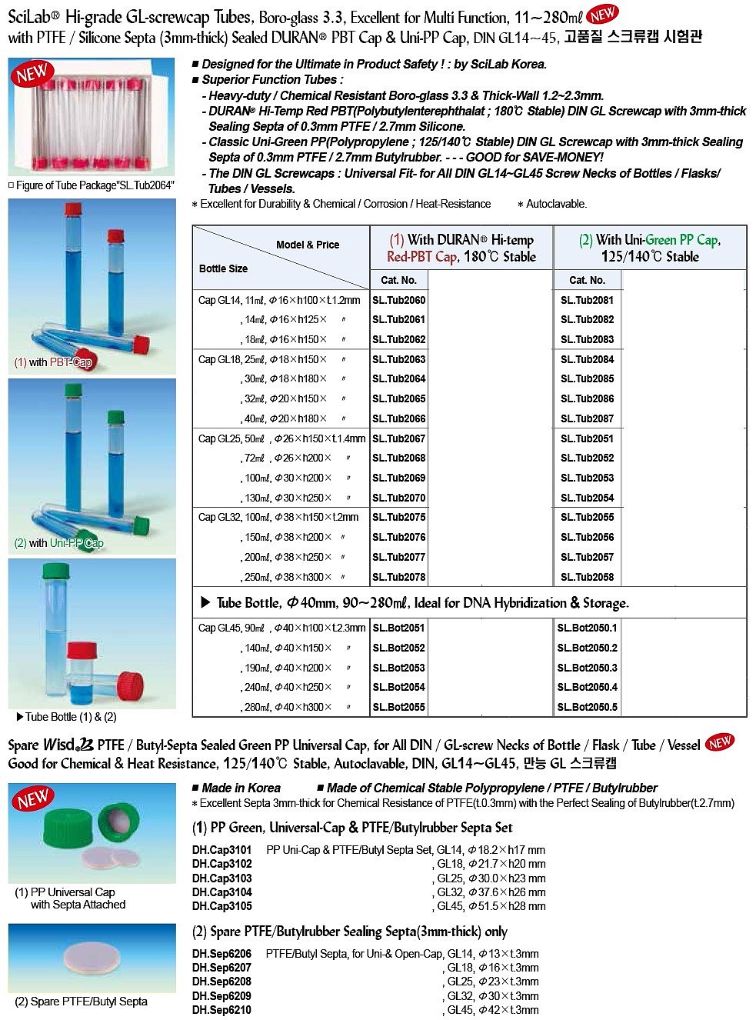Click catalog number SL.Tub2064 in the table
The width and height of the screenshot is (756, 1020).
pos(398,379)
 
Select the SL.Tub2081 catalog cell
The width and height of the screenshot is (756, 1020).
pos(587,300)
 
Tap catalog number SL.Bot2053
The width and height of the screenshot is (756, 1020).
pos(398,668)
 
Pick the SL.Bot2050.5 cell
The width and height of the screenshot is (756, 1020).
pos(587,707)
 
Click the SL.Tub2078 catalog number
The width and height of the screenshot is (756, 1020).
pos(398,577)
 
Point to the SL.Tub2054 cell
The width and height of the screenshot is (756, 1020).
pos(587,498)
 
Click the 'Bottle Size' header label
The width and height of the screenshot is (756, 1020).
pos(223,268)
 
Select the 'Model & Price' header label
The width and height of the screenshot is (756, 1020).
pos(308,245)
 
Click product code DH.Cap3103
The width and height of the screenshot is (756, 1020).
pos(221,878)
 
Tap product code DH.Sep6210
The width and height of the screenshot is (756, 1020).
pos(221,1010)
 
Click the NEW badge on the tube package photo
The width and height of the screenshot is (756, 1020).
pos(32,74)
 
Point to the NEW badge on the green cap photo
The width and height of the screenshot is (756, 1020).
pos(34,799)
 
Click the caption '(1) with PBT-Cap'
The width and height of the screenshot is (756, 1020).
pos(53,362)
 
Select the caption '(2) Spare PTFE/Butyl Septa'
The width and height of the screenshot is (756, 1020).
pos(81,1002)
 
